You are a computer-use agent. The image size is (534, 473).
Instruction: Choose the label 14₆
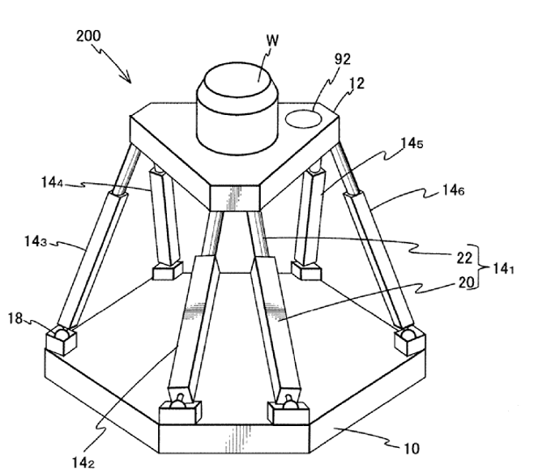point(453,191)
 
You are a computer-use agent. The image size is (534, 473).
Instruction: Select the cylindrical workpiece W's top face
point(241,82)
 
